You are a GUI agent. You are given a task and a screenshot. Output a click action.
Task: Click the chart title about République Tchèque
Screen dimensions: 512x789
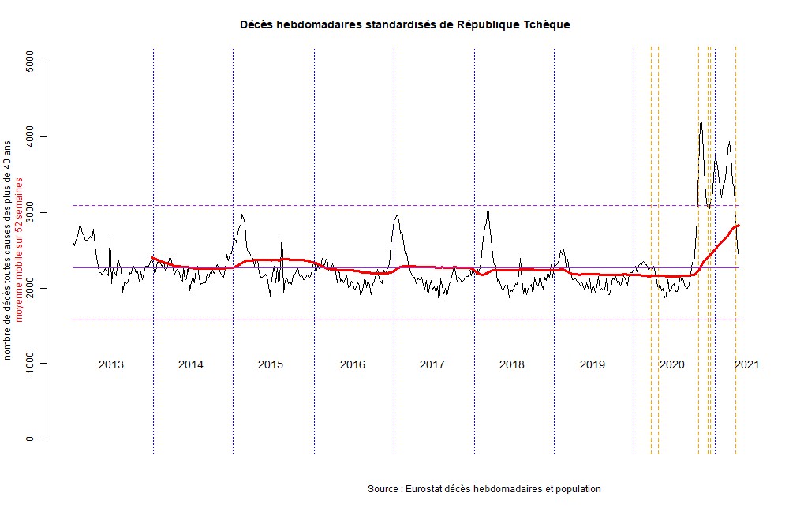tap(405, 24)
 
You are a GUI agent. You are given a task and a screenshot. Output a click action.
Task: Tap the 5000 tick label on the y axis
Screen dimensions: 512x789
tap(30, 62)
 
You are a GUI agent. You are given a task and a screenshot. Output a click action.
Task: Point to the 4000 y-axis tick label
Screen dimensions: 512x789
tap(30, 137)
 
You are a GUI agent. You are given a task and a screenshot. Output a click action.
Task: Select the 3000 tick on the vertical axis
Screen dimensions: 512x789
tap(30, 212)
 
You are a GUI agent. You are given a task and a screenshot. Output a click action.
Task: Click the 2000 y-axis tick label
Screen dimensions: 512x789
tap(30, 288)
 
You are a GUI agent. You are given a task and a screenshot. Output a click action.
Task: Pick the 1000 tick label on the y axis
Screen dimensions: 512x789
tap(30, 363)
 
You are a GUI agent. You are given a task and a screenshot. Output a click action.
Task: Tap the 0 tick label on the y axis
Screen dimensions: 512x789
tap(30, 439)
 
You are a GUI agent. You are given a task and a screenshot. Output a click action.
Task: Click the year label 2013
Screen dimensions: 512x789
tap(110, 364)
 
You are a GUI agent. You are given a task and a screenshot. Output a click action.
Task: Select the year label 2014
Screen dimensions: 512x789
tap(191, 364)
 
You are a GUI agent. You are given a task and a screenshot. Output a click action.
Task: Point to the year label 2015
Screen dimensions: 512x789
tap(271, 364)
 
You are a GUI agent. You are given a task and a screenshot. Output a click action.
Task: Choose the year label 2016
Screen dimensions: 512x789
tap(352, 364)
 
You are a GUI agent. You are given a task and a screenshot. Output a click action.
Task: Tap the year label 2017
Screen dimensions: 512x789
tap(432, 364)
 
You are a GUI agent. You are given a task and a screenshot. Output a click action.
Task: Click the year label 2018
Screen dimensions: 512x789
tap(512, 364)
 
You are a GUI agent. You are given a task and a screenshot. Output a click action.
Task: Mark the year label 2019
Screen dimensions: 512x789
tap(592, 364)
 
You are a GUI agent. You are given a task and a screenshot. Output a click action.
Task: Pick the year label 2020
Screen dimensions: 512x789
tap(671, 364)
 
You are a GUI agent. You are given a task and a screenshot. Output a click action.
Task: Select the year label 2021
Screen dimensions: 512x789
tap(747, 364)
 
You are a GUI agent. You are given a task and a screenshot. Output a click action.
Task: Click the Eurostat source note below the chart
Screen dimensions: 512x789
tap(484, 489)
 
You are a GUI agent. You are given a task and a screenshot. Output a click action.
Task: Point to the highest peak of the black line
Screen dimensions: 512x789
tap(701, 122)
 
